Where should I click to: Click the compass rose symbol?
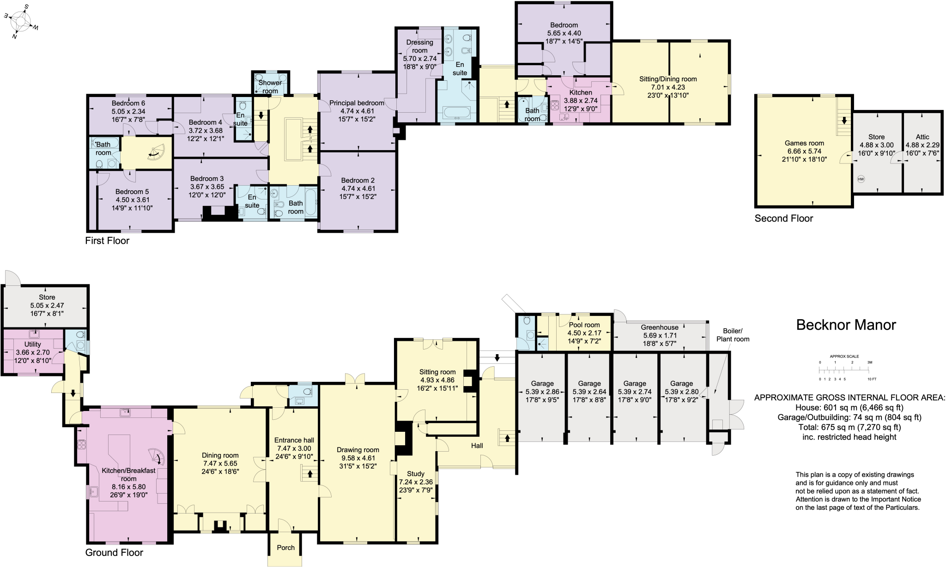(21, 22)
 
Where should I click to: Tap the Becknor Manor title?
(846, 325)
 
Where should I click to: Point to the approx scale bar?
(844, 370)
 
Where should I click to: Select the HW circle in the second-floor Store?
(861, 179)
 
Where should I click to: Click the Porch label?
(285, 548)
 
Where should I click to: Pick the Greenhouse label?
(659, 327)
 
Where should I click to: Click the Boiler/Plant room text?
(732, 335)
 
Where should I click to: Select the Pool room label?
(584, 325)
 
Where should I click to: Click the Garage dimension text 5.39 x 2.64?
(589, 392)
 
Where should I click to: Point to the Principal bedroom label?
(357, 103)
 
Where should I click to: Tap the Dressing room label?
(419, 46)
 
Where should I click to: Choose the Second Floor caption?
(783, 218)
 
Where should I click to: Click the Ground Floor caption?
(114, 552)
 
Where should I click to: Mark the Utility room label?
(32, 344)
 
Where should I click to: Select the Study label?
(415, 474)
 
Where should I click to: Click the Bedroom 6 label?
(128, 103)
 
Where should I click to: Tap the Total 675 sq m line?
(850, 427)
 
